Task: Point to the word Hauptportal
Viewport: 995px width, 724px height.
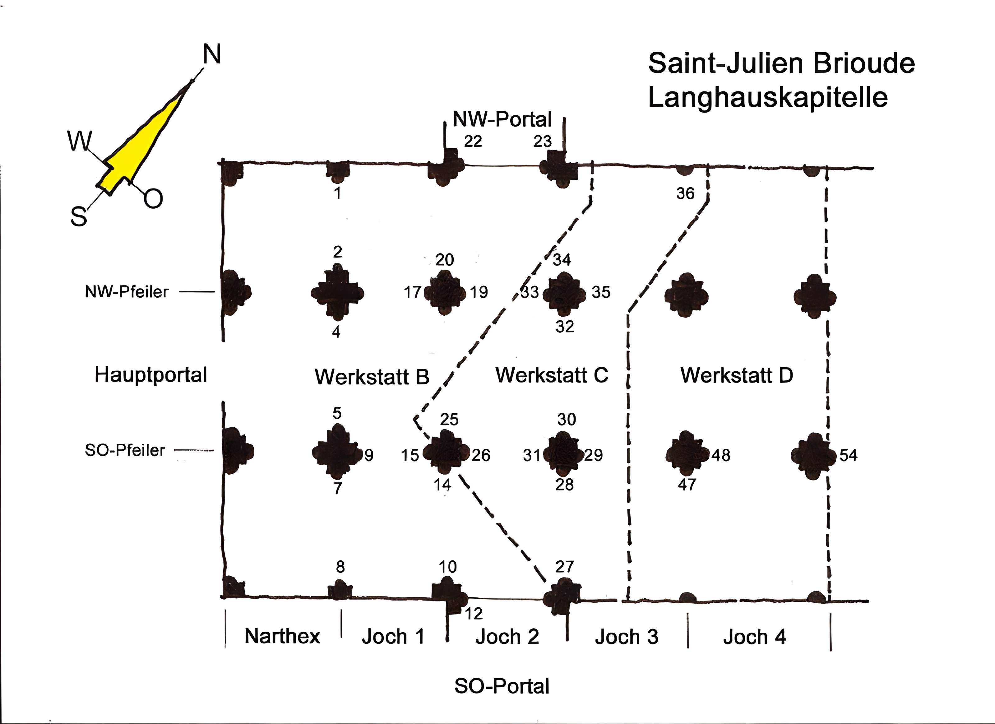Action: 150,375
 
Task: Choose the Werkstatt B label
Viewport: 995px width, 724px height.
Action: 372,377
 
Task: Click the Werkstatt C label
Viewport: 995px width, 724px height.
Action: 552,375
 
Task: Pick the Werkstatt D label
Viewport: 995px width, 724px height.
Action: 737,375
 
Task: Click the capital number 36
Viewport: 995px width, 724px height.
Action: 685,193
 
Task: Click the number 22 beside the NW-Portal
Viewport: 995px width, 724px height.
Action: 473,141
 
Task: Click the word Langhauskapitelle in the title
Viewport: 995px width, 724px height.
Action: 768,97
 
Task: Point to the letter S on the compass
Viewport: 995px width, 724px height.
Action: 79,217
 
